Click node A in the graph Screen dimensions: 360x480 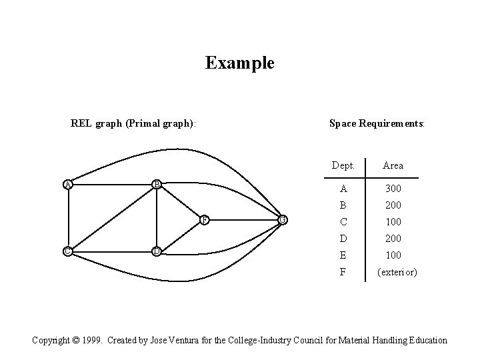point(67,184)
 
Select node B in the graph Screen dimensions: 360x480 point(155,184)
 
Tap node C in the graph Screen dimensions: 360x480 point(67,251)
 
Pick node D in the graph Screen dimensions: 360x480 point(155,251)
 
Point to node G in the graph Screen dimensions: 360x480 point(283,219)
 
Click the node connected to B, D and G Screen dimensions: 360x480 point(205,219)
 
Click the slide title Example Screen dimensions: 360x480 point(239,63)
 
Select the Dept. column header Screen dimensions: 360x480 point(343,165)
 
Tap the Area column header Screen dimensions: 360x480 point(393,165)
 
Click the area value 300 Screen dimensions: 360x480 point(393,189)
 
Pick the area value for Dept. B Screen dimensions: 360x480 point(393,205)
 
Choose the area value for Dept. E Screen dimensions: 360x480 point(393,255)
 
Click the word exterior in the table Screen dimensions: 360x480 point(397,272)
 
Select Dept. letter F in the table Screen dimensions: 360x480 point(343,272)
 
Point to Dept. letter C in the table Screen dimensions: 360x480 point(343,222)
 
